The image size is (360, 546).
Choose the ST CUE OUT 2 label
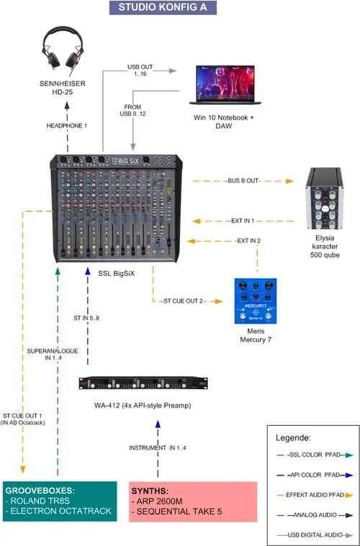click(184, 300)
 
